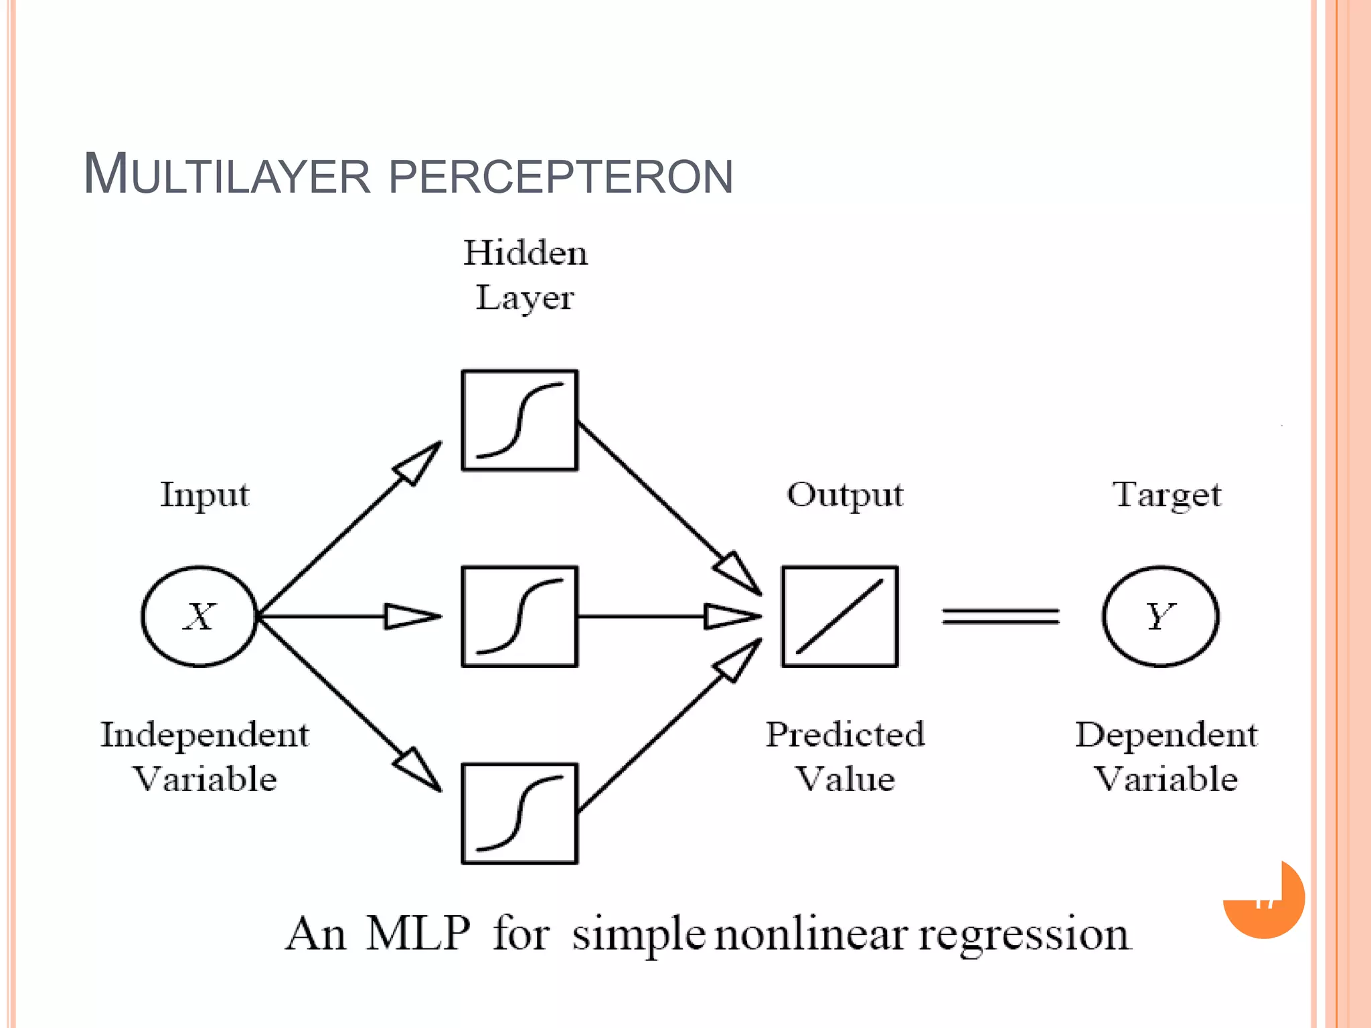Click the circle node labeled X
click(x=199, y=616)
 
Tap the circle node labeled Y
click(x=1160, y=616)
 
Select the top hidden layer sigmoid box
click(x=519, y=420)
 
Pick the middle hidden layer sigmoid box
click(x=519, y=616)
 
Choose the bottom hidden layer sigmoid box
click(x=519, y=813)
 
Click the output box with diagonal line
click(x=839, y=616)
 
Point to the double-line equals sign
click(x=1000, y=616)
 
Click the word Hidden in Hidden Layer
click(x=526, y=254)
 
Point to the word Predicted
click(x=845, y=735)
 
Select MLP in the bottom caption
click(x=418, y=934)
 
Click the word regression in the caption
click(x=1024, y=936)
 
